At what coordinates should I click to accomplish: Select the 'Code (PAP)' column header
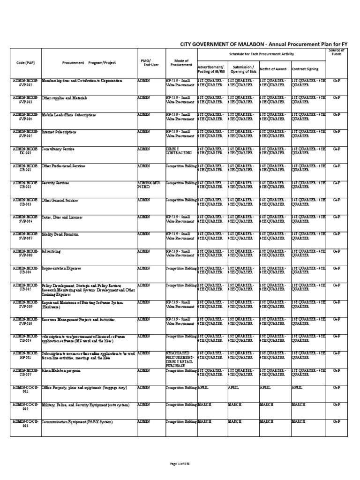tap(26, 63)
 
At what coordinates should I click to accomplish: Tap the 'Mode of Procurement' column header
tap(181, 63)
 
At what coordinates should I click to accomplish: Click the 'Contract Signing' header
tap(305, 69)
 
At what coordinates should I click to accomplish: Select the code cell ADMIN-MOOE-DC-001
tap(26, 150)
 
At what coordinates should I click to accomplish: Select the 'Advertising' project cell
tap(52, 251)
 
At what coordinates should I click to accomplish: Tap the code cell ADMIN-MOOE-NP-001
tap(26, 355)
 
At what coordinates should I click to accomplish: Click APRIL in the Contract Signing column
tap(297, 388)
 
